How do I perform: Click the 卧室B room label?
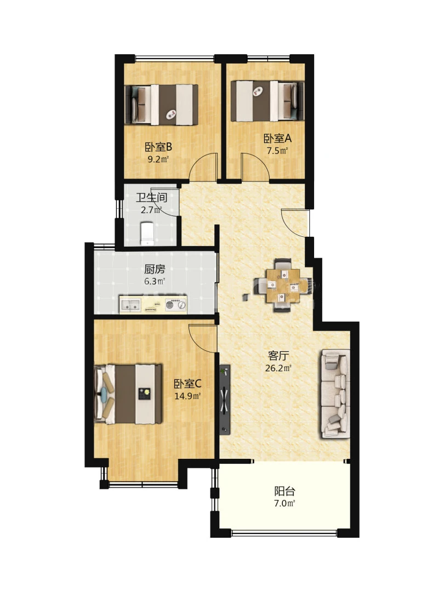point(158,147)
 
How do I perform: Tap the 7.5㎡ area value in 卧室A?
point(277,151)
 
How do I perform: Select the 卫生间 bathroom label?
point(151,197)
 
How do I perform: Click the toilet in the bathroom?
point(147,234)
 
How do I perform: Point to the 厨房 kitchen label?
point(155,269)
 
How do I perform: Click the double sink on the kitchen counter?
point(130,304)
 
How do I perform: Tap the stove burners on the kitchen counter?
point(176,304)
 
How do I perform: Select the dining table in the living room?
point(283,285)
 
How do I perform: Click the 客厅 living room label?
point(278,356)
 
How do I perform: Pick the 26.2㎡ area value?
point(278,368)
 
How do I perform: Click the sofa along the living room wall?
point(335,394)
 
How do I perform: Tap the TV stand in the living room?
point(225,400)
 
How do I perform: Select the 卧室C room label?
point(187,384)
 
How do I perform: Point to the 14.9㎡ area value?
point(187,396)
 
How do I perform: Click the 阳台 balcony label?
point(284,491)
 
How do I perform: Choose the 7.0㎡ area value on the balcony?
point(284,503)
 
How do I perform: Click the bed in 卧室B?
point(162,105)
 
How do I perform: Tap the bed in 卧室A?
point(267,101)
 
